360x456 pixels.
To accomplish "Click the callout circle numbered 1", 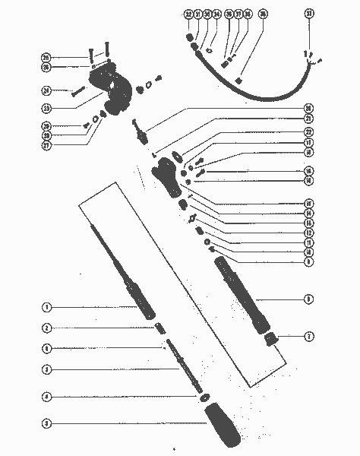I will (x=46, y=308).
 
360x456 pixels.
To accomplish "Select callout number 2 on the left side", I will (x=46, y=328).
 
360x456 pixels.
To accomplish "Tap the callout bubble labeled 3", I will (x=46, y=369).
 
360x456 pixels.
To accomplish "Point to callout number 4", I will (x=46, y=397).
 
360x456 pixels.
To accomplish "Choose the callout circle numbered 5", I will (x=46, y=423).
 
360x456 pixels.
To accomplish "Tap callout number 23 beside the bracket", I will (x=46, y=108).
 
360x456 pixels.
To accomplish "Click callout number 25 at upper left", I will (x=46, y=57).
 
